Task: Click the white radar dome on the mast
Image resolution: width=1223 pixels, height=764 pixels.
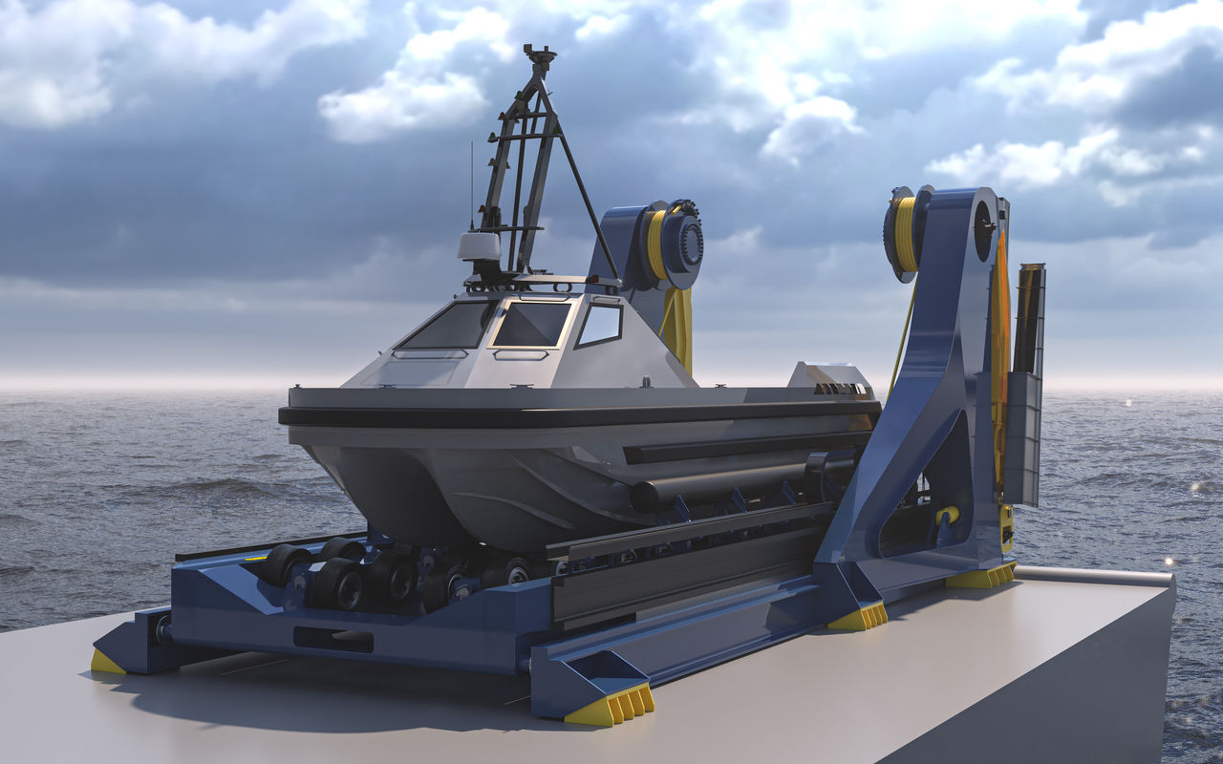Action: click(479, 246)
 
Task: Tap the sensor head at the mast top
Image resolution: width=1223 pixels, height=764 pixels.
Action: click(540, 54)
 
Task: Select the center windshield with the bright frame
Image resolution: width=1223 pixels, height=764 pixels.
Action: click(531, 324)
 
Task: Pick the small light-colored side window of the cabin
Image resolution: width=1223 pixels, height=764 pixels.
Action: click(600, 325)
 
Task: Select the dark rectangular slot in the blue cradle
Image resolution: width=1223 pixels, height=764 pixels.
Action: click(333, 639)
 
